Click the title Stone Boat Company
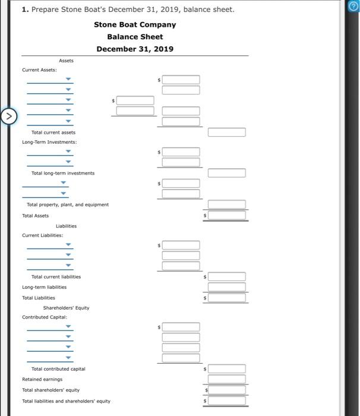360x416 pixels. (x=135, y=24)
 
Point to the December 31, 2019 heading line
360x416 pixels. (x=135, y=49)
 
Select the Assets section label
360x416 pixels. (x=67, y=60)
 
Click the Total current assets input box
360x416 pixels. (x=226, y=132)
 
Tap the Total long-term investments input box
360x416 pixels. (x=226, y=173)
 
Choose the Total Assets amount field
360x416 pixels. (x=226, y=215)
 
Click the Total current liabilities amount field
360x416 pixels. (x=226, y=277)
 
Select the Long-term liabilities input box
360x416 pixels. (x=226, y=287)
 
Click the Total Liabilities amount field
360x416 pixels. (x=226, y=298)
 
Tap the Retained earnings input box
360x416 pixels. (x=226, y=379)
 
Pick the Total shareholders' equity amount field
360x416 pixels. (x=226, y=390)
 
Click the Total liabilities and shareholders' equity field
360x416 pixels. (x=226, y=401)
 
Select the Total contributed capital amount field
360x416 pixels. (x=226, y=369)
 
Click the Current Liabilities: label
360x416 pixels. (x=43, y=235)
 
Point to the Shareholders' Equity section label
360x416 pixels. (x=67, y=308)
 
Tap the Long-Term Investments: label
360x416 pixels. (x=49, y=142)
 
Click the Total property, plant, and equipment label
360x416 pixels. (x=68, y=204)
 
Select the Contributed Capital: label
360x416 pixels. (x=43, y=317)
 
